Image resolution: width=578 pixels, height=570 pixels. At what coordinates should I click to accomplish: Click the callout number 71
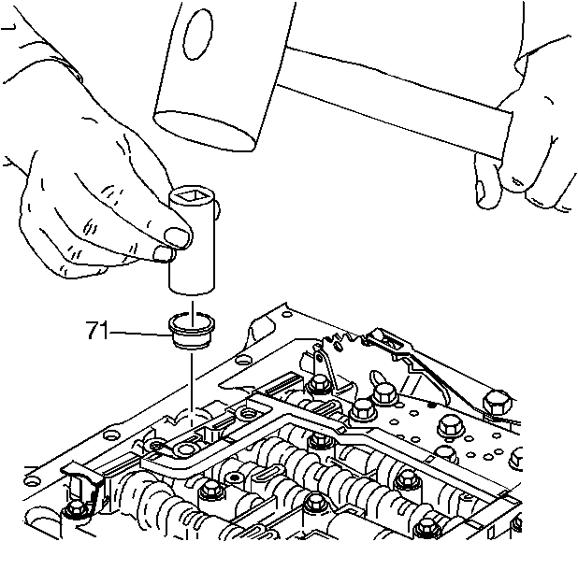[x=97, y=330]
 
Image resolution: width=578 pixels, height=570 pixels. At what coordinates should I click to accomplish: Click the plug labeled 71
[x=192, y=331]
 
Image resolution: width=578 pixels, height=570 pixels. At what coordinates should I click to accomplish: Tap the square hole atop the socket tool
[x=192, y=196]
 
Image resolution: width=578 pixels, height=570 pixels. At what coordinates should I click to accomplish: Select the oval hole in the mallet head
[x=198, y=35]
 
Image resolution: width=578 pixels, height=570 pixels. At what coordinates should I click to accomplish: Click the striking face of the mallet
[x=204, y=131]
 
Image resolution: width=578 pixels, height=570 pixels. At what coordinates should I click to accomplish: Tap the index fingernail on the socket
[x=176, y=235]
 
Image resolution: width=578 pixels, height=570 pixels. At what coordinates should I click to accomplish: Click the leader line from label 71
[x=139, y=334]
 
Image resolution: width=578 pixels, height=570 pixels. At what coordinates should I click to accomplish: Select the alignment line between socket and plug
[x=192, y=314]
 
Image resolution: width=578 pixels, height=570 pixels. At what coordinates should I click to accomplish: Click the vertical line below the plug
[x=192, y=390]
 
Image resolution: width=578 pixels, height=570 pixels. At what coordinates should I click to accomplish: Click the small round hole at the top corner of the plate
[x=287, y=314]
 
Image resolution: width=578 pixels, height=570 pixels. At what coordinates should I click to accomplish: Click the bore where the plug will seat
[x=188, y=420]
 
